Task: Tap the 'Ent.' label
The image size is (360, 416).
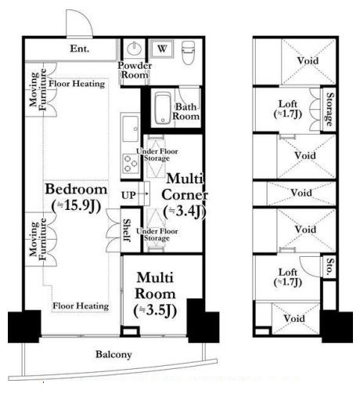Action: coord(80,49)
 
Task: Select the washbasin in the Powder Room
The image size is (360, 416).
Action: coord(135,49)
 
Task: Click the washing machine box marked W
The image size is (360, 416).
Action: coord(162,49)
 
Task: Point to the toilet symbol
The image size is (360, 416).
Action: coord(188,52)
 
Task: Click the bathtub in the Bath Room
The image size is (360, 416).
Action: coord(163,108)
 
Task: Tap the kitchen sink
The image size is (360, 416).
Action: coord(130,128)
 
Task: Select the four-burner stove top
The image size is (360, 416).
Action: coord(131,164)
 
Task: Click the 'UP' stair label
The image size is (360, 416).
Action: coord(128,196)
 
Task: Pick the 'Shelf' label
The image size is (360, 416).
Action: coord(128,230)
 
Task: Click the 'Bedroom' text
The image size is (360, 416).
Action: coord(77,189)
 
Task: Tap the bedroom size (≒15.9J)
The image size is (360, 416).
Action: coord(77,206)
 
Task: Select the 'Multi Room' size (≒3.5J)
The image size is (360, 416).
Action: coord(155,311)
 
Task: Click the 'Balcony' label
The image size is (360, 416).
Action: coord(113,354)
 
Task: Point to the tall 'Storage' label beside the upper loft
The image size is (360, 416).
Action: coord(329,109)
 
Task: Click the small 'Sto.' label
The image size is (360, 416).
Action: coord(329,266)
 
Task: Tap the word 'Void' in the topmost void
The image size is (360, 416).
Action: coord(308,61)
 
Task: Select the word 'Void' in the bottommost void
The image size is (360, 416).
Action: coord(294,318)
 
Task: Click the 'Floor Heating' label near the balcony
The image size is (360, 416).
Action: coord(81,306)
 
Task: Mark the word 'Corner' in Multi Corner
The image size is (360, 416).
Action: coord(185,195)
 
